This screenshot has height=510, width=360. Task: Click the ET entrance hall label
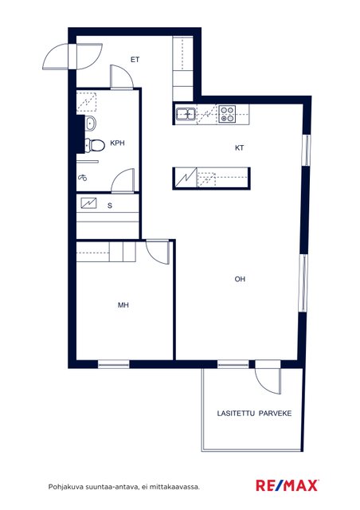[135, 60]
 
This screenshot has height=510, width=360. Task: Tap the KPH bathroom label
[117, 143]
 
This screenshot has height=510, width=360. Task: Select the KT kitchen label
[240, 148]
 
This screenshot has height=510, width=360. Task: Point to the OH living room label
[240, 279]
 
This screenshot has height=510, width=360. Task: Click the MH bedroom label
[123, 305]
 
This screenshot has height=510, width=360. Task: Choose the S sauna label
[110, 206]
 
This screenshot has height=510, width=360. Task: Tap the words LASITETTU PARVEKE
[254, 414]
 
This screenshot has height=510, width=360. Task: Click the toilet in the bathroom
[95, 145]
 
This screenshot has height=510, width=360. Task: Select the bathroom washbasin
[91, 123]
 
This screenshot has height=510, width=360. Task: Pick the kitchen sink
[186, 114]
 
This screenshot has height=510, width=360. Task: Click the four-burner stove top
[227, 114]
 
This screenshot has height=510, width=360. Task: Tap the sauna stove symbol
[88, 203]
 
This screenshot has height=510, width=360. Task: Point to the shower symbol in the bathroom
[83, 178]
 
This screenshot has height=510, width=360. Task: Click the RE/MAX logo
[287, 485]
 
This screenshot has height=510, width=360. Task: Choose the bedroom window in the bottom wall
[114, 364]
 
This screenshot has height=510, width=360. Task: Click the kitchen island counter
[211, 178]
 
